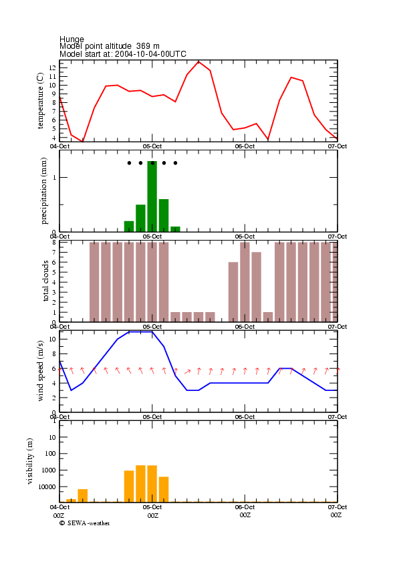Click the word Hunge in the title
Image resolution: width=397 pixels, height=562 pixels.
click(72, 39)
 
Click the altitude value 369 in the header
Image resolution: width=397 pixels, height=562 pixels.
click(143, 46)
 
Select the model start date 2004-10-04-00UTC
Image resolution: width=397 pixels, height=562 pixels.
click(150, 54)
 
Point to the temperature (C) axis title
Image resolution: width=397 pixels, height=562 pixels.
click(40, 101)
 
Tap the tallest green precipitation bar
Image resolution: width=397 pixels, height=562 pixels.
click(152, 196)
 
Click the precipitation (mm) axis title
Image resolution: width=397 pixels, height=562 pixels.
click(43, 191)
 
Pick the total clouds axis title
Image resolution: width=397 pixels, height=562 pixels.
click(45, 281)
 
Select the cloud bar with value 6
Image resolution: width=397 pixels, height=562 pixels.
click(233, 292)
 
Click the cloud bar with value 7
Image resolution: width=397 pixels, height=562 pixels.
click(257, 287)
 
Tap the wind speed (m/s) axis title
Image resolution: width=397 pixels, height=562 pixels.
click(40, 371)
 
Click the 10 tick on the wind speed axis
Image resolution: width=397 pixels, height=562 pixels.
click(52, 339)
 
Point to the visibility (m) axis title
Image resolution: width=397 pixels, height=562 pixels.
click(30, 461)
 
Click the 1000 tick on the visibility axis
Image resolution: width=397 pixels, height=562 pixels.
click(49, 470)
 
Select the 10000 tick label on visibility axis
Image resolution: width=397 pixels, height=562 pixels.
click(47, 486)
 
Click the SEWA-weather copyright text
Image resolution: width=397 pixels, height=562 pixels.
click(85, 523)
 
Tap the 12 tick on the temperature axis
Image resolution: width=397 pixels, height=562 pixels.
click(52, 67)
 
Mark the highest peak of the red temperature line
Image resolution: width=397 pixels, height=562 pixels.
click(198, 61)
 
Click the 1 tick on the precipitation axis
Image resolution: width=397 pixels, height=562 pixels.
click(55, 177)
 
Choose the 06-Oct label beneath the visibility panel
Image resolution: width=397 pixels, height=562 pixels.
click(245, 507)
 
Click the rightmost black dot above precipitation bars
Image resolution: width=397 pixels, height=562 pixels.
click(175, 163)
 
